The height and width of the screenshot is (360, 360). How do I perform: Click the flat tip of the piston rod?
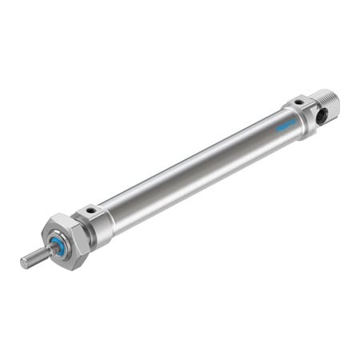24,262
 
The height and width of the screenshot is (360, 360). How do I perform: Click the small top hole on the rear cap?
298,102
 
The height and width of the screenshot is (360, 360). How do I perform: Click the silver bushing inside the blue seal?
54,249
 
